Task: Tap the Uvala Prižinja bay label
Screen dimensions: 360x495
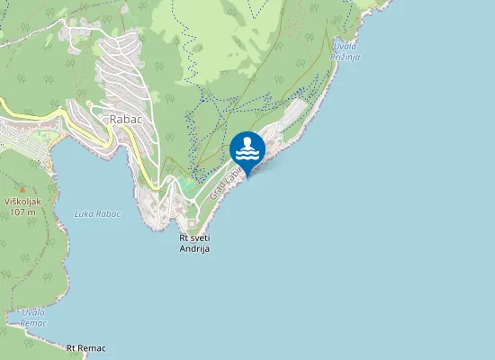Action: pos(346,50)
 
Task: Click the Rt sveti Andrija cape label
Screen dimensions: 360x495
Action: pos(194,243)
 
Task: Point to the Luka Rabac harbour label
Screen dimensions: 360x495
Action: pos(98,214)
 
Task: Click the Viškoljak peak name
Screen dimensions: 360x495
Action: pos(20,201)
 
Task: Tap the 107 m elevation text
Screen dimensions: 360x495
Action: pos(20,211)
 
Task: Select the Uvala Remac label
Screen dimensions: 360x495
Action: pos(33,316)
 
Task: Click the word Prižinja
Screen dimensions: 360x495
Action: pos(346,56)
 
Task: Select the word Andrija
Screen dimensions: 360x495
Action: pos(194,248)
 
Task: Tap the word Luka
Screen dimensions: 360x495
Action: pos(84,214)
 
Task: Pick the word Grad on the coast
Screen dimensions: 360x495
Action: pos(217,191)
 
